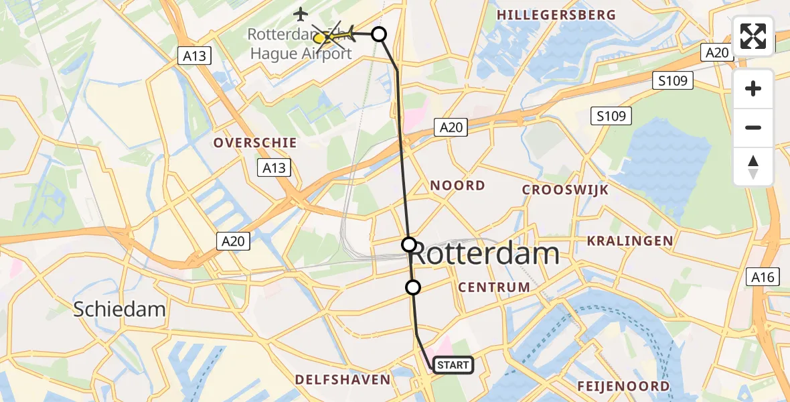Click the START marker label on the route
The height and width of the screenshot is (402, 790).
pos(454,365)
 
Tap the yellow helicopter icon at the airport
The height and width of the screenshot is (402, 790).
pos(321,38)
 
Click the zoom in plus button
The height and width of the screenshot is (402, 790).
pos(753,88)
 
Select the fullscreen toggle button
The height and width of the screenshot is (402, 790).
pos(753,36)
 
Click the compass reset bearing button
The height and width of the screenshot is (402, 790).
pos(753,167)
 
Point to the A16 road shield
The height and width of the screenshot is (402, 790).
pos(763,277)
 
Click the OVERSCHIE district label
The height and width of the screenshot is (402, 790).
pos(254,143)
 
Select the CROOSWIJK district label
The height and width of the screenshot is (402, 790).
pos(565,190)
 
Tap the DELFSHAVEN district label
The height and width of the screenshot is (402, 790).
pos(343,380)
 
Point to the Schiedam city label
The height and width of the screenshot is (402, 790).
pos(120,309)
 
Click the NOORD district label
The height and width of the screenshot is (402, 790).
pos(458,186)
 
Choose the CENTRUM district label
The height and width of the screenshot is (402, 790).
pos(494,287)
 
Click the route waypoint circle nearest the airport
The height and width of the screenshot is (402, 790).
pos(379,34)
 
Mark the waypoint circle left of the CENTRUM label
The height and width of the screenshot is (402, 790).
pos(413,287)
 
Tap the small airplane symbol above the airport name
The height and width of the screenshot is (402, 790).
pos(301,13)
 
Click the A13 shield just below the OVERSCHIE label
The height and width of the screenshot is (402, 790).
pos(274,168)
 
